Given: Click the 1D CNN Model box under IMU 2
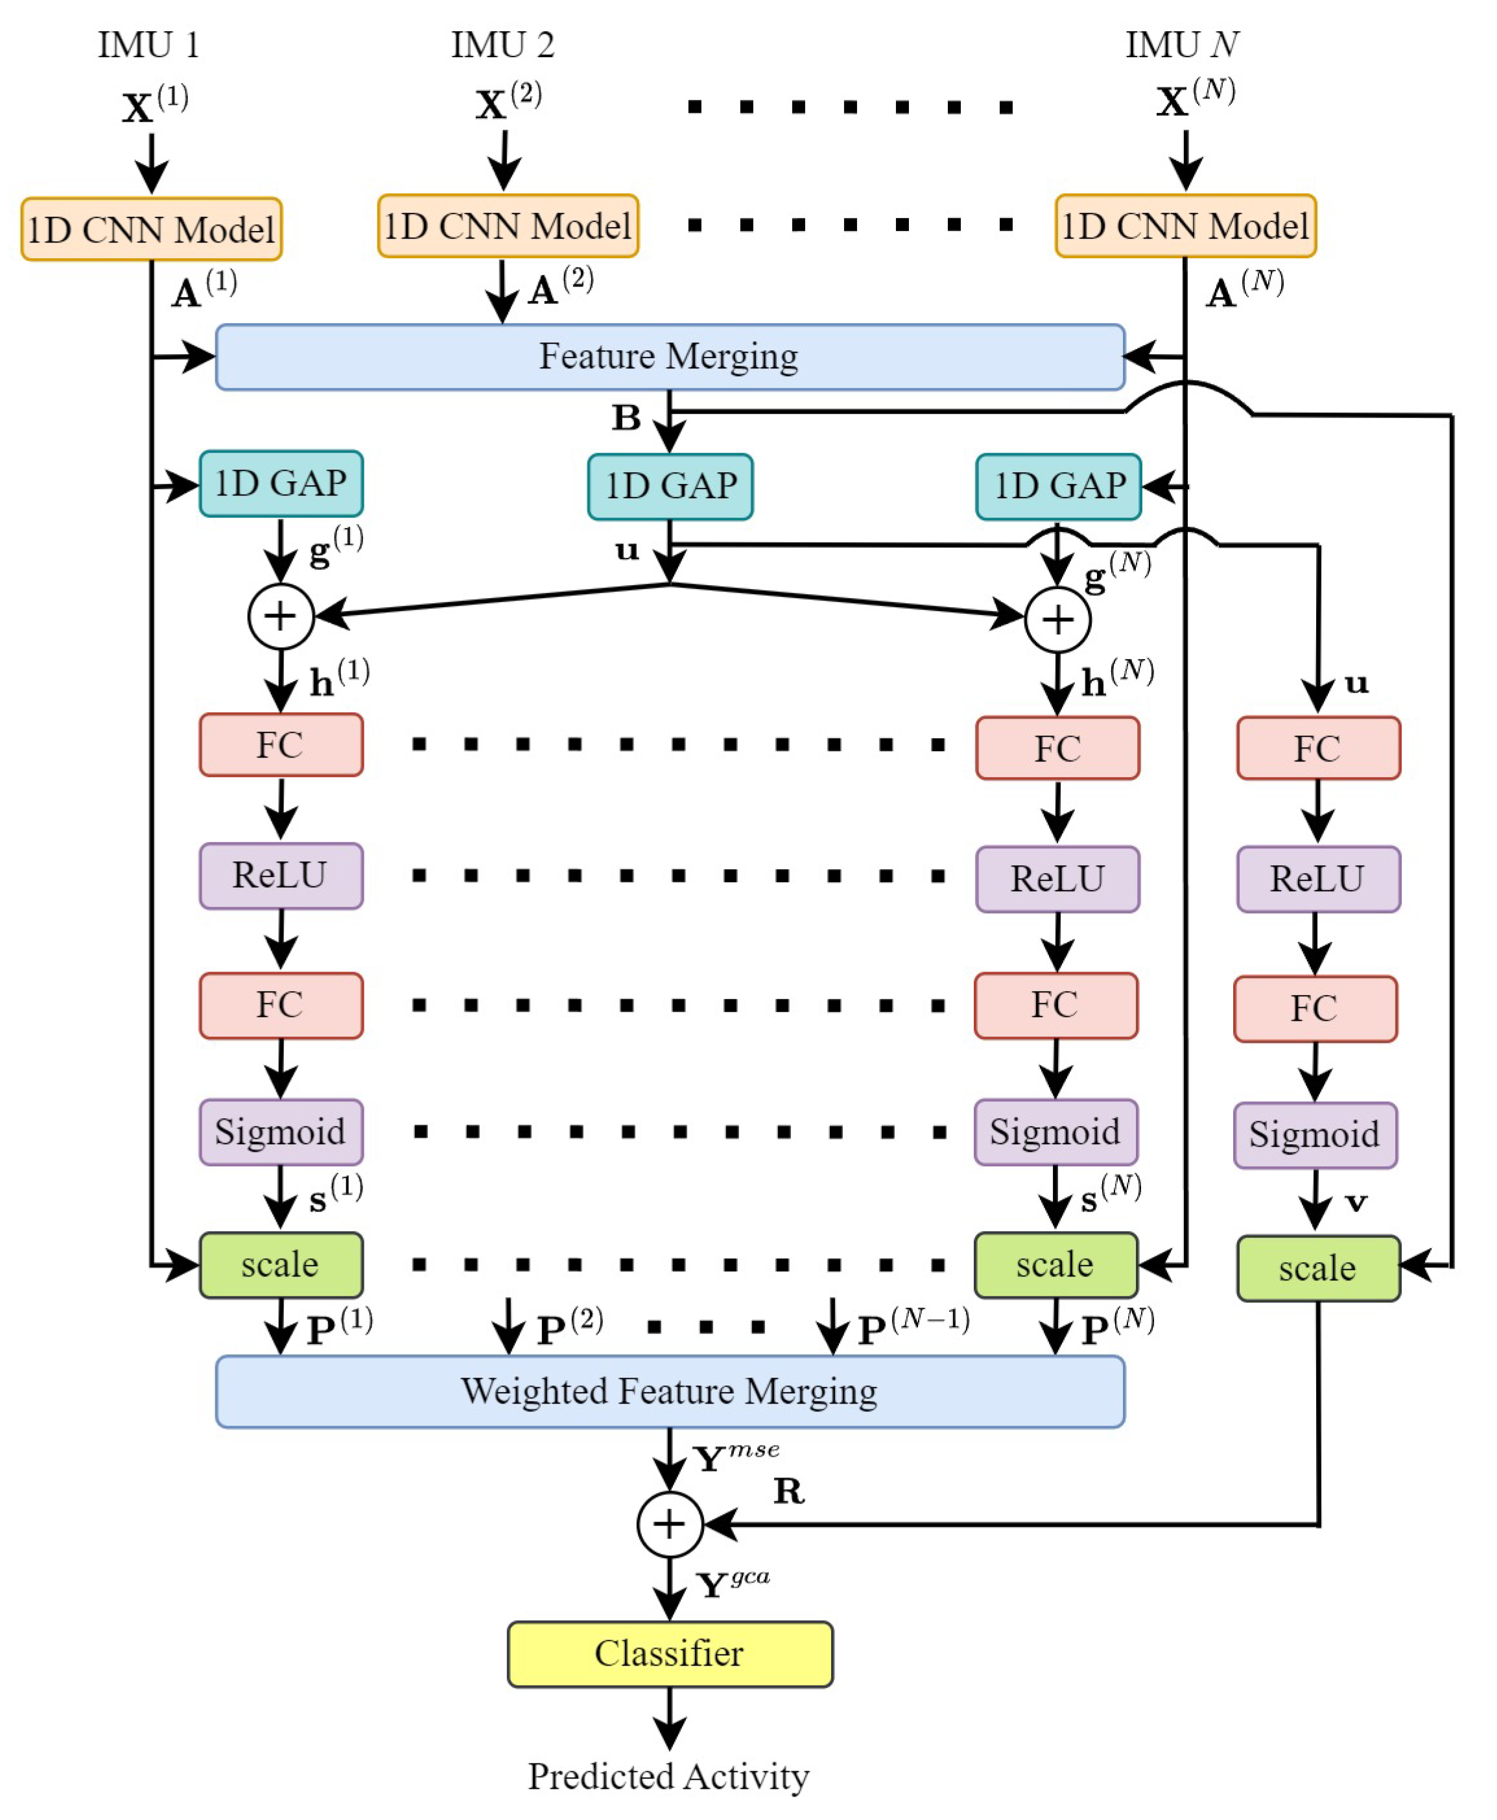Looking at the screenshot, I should [508, 226].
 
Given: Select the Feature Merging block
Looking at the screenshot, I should [669, 356].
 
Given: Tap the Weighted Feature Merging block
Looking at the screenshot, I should [669, 1391].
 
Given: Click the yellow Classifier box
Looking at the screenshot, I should [669, 1653].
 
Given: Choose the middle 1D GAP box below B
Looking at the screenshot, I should [670, 486].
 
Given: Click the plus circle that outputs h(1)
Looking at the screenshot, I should [280, 616].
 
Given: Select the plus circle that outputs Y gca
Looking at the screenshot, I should [670, 1524].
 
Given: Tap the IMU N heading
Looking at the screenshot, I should [1181, 45].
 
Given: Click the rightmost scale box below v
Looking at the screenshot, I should [1317, 1268].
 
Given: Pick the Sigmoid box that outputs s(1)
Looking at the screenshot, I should [280, 1132].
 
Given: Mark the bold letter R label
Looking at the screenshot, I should [788, 1491].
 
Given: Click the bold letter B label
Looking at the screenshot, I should [627, 418].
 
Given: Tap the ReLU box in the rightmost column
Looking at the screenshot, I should [1317, 879].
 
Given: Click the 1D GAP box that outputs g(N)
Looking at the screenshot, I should [1058, 486].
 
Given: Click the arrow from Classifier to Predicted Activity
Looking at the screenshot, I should [670, 1716].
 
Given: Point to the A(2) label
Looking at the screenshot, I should [561, 288].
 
